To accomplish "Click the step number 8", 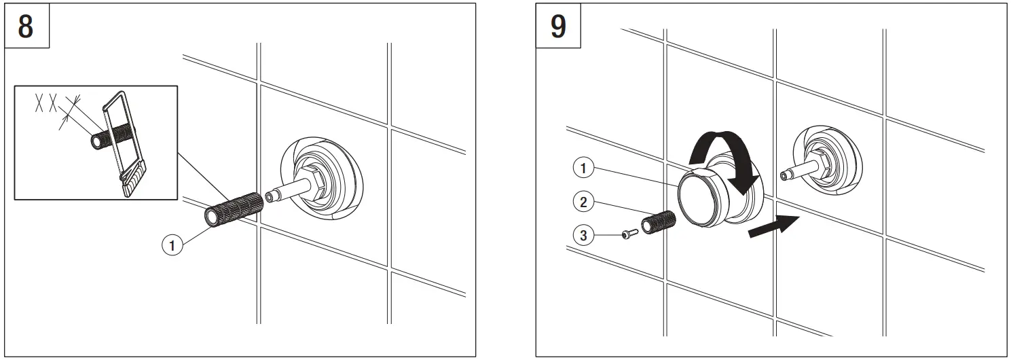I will (x=26, y=27).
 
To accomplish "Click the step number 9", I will (x=557, y=27).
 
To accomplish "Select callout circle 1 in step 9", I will (x=583, y=166).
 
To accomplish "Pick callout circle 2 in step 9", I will (x=583, y=201).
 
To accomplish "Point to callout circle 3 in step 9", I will (x=583, y=236).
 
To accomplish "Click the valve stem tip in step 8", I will (x=272, y=196).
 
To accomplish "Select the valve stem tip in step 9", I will (x=786, y=176).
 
